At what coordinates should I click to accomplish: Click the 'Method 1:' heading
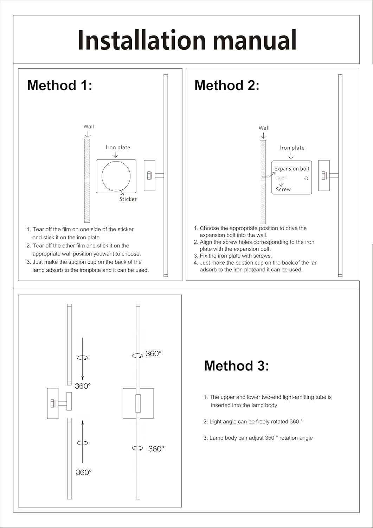(60, 86)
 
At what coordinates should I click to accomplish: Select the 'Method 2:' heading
(227, 86)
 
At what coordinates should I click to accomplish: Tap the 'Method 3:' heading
(236, 366)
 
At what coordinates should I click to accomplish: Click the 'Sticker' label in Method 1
(128, 199)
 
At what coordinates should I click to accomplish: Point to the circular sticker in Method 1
(116, 176)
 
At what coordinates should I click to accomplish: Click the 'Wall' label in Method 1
(89, 127)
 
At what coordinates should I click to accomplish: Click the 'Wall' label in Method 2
(264, 128)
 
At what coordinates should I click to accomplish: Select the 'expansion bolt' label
(292, 169)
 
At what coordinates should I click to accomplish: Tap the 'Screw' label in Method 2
(283, 189)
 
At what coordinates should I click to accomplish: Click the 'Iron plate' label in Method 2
(292, 148)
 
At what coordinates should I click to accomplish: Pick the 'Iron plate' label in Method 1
(118, 147)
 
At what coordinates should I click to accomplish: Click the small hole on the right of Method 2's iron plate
(306, 178)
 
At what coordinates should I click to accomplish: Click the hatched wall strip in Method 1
(87, 181)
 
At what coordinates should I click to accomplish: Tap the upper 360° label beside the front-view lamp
(153, 354)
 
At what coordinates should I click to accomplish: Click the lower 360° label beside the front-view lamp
(156, 449)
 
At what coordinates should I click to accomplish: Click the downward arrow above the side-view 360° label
(83, 359)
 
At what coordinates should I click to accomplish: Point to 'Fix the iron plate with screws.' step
(236, 256)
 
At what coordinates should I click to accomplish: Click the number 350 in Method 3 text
(269, 438)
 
